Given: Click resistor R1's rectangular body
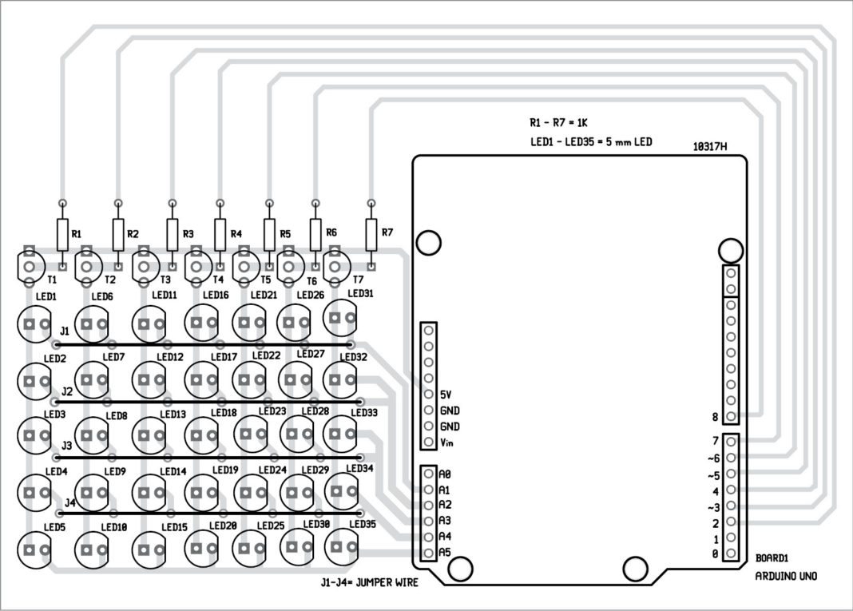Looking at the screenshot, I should pos(62,234).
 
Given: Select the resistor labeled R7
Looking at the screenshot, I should pos(371,234).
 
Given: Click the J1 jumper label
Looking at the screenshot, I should pos(65,329).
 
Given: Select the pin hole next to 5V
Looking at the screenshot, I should pos(429,394).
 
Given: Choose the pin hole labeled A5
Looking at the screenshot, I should pos(429,553).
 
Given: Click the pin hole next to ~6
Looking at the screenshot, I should pos(730,458).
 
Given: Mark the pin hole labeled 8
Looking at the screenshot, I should pos(730,416).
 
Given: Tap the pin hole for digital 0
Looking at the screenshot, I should pos(730,553).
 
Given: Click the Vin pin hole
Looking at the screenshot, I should pos(429,442).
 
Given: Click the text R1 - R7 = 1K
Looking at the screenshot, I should pos(558,123).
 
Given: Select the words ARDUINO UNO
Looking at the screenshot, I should pos(786,576).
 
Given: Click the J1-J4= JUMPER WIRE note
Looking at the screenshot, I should pos(367,583).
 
